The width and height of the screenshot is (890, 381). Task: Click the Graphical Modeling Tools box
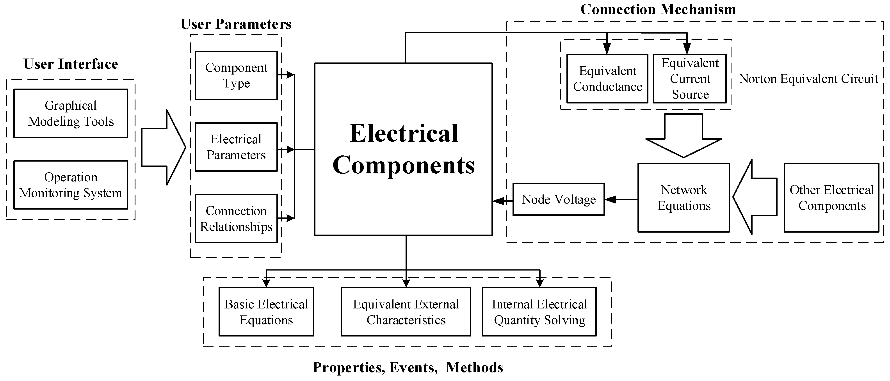pos(71,113)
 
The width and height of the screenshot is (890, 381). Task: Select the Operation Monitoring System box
pos(71,185)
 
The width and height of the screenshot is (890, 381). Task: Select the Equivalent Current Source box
pos(690,78)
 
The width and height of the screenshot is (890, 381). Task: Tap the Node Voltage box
pos(558,199)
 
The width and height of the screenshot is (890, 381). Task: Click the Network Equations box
pos(684,198)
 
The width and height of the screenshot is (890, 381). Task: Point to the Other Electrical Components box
pos(831,198)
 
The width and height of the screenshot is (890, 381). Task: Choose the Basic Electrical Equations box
pos(266,312)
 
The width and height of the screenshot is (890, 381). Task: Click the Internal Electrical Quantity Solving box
pos(539,312)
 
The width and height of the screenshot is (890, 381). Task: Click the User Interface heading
pos(71,64)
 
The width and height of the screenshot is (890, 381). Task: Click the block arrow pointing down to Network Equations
pos(684,136)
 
